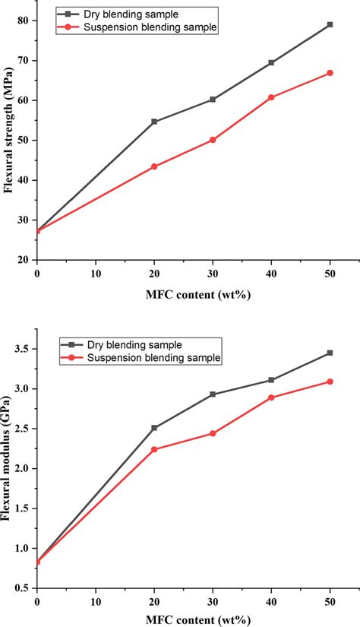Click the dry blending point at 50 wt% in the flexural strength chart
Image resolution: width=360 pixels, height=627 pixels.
330,24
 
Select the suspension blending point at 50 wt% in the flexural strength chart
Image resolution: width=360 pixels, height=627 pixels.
330,73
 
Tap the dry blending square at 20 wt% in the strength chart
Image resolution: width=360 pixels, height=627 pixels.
154,122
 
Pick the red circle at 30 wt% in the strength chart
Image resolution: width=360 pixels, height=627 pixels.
213,140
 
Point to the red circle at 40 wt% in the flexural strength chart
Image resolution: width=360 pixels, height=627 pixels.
271,97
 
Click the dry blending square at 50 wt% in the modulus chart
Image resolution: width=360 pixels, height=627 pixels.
330,353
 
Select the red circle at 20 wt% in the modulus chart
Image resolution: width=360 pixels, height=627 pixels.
154,449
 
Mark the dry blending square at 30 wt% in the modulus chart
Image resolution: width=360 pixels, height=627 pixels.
213,394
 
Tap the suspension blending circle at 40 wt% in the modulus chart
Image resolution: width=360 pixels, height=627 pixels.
271,397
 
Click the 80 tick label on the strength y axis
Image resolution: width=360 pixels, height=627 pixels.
24,21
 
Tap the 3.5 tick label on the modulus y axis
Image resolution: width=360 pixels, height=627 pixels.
22,349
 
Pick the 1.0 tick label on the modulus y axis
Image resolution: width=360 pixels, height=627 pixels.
22,549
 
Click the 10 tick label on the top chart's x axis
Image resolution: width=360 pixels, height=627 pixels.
96,273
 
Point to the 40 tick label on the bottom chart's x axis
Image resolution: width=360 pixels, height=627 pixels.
271,601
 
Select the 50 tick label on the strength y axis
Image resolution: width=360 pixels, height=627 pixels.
24,141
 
